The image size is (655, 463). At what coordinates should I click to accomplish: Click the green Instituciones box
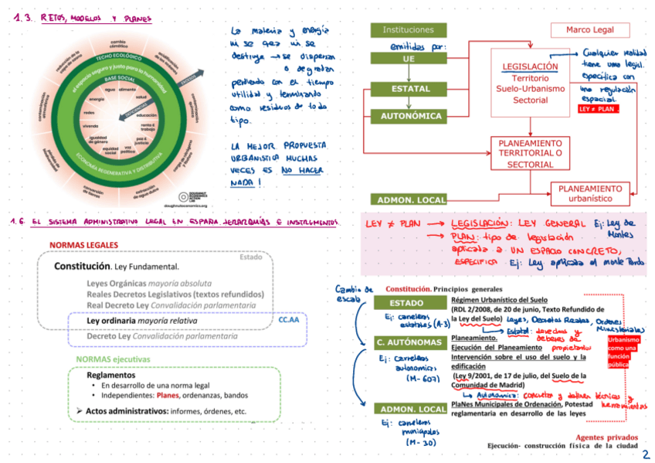coord(408,29)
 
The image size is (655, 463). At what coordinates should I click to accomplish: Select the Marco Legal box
coord(589,29)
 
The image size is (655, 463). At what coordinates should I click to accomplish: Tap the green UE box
coord(408,58)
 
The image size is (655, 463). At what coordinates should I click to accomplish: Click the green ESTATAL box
coord(410,89)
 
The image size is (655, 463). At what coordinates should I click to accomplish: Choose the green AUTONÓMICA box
coord(410,116)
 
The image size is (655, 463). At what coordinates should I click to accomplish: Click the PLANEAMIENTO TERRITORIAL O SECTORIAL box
coord(530,153)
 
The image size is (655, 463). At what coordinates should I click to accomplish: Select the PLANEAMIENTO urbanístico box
coord(590,193)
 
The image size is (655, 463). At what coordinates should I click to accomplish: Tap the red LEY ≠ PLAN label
coord(598,110)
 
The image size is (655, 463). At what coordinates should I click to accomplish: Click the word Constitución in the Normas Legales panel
coord(81,267)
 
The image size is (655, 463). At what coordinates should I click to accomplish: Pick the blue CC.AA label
coord(288,318)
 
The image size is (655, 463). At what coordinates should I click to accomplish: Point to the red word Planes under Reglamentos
coord(168,395)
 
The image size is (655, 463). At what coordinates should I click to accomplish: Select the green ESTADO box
coord(406,303)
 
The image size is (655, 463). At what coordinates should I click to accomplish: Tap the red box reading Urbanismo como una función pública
coord(623,352)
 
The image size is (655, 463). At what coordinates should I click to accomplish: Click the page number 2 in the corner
coord(645,454)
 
